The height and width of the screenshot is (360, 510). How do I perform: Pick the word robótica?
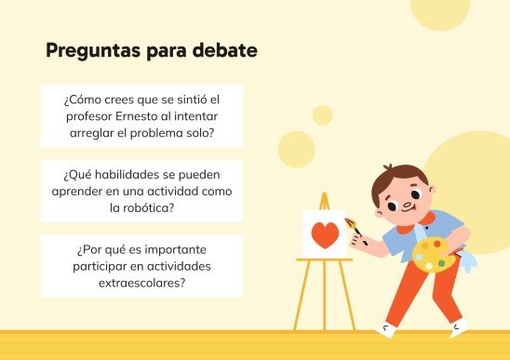coord(149,207)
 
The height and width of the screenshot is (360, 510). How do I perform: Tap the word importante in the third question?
coord(185,249)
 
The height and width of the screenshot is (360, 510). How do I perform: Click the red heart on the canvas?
coord(324,235)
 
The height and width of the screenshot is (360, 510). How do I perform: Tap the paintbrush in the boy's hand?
coord(355,229)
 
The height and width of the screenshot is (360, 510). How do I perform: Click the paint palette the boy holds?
coord(429,252)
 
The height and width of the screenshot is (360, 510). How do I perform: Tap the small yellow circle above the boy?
coord(322,115)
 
